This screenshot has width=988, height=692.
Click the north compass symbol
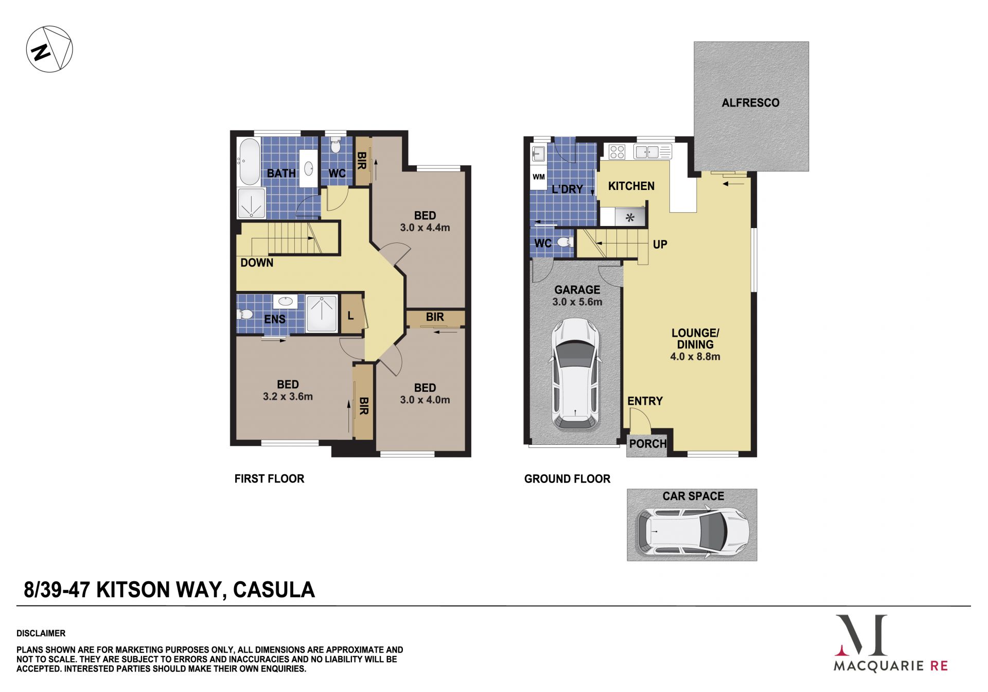[x=49, y=49]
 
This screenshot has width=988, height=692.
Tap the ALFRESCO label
[x=750, y=103]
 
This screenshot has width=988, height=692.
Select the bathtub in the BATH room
[x=250, y=162]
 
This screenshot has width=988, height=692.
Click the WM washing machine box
[x=539, y=177]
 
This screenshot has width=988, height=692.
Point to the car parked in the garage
[x=576, y=374]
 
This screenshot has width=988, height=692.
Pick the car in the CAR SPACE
[x=692, y=531]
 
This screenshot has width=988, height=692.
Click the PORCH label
[x=648, y=444]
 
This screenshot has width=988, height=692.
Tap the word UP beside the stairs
[x=660, y=245]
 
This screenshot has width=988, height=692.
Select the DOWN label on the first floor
[x=257, y=263]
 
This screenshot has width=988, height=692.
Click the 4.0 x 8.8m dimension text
[x=695, y=356]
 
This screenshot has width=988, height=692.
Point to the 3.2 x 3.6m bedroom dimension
[x=288, y=396]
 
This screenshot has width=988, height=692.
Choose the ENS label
[x=275, y=319]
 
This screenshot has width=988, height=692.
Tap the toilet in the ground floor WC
[x=565, y=242]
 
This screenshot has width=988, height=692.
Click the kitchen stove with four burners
[x=616, y=152]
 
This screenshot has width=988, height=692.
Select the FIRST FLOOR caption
[x=269, y=479]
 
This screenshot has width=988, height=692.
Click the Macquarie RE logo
[x=891, y=644]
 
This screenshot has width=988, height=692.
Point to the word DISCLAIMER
[x=41, y=633]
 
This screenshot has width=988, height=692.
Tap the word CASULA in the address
[x=274, y=590]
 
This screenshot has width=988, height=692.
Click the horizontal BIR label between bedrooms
[x=435, y=317]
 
